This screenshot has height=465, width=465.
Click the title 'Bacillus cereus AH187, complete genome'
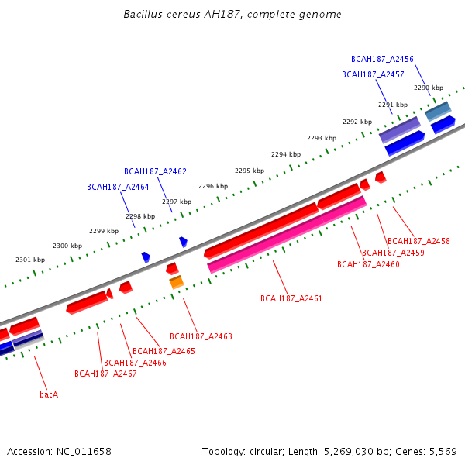coord(232,15)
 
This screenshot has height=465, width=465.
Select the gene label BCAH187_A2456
coord(382,59)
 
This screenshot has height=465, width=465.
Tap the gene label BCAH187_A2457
coord(373,74)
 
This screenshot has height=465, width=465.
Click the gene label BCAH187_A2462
coord(155,171)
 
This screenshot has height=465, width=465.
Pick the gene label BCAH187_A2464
coord(118,187)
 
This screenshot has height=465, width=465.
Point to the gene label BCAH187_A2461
coord(291,298)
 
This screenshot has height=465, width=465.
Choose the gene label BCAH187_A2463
coord(201,336)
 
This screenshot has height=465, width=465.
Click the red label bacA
coord(49,394)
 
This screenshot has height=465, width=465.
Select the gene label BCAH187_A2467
coord(105,374)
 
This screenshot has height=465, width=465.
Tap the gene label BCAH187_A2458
coord(418,241)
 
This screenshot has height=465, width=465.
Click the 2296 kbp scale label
coord(213,186)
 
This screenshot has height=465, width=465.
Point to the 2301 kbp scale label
coord(30,260)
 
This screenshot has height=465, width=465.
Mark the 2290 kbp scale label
coord(428,88)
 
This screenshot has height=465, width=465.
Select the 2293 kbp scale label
coord(321,138)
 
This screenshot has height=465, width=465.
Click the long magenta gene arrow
coord(287,233)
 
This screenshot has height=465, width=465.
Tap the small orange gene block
coord(177,282)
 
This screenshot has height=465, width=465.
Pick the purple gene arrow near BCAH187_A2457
coord(400,129)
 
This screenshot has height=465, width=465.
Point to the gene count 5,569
coord(443,451)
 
